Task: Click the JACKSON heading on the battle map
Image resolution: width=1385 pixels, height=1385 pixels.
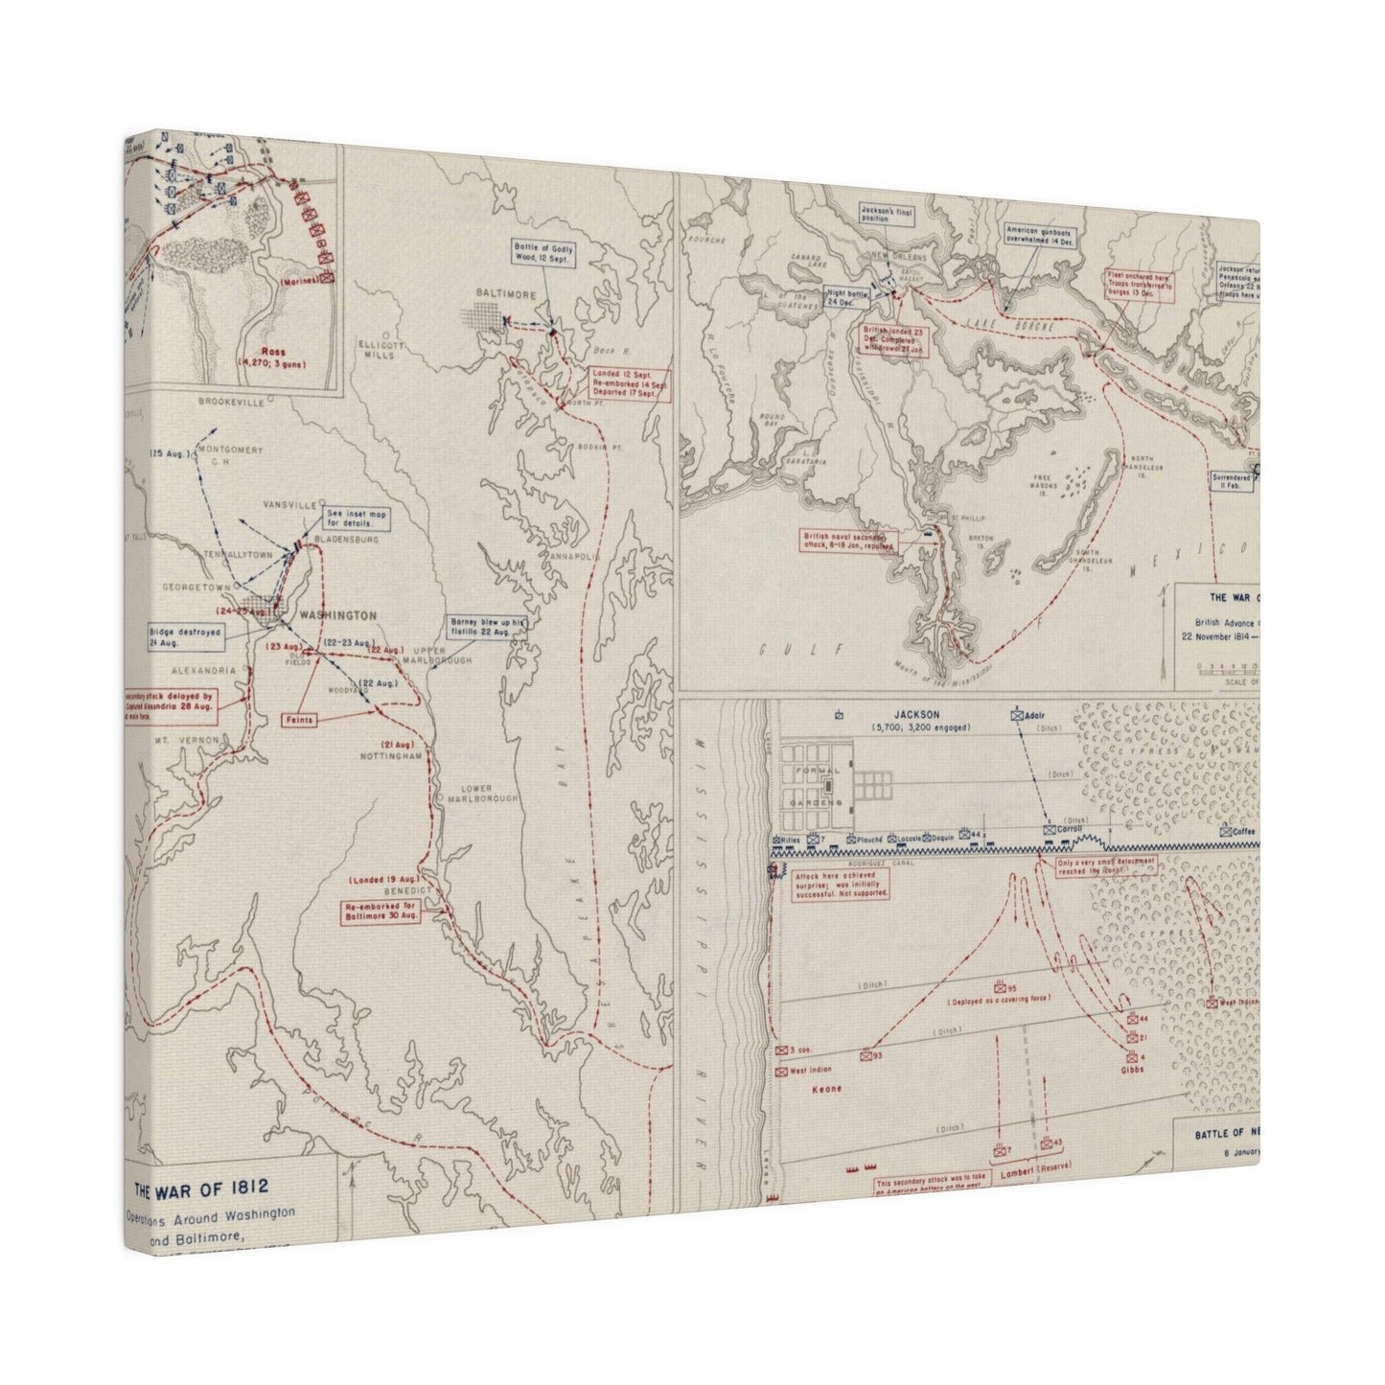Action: (x=915, y=714)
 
